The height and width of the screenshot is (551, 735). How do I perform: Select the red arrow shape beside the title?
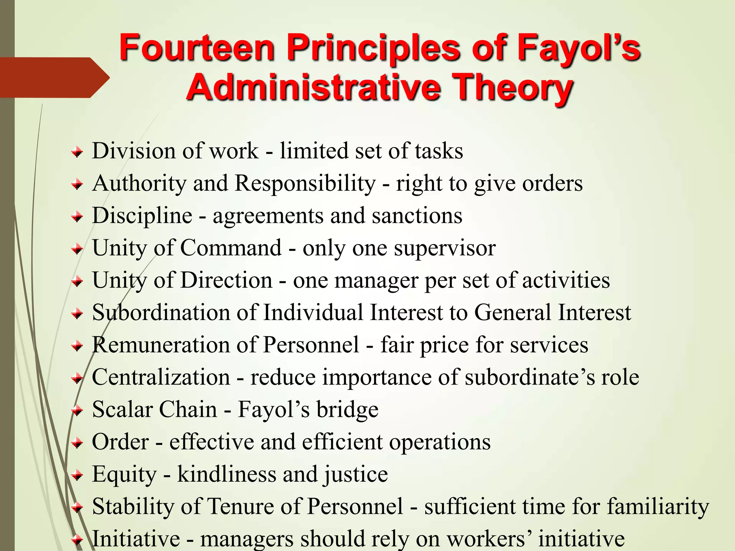pyautogui.click(x=54, y=77)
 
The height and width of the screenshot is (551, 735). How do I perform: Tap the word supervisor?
pyautogui.click(x=445, y=248)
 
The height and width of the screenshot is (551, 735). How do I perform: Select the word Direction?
pyautogui.click(x=226, y=280)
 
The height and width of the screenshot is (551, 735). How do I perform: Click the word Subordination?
pyautogui.click(x=161, y=312)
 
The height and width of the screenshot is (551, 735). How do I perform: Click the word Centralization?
pyautogui.click(x=161, y=377)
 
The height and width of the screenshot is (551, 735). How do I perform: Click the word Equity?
pyautogui.click(x=124, y=474)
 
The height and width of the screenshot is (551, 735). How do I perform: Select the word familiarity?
pyautogui.click(x=658, y=507)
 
